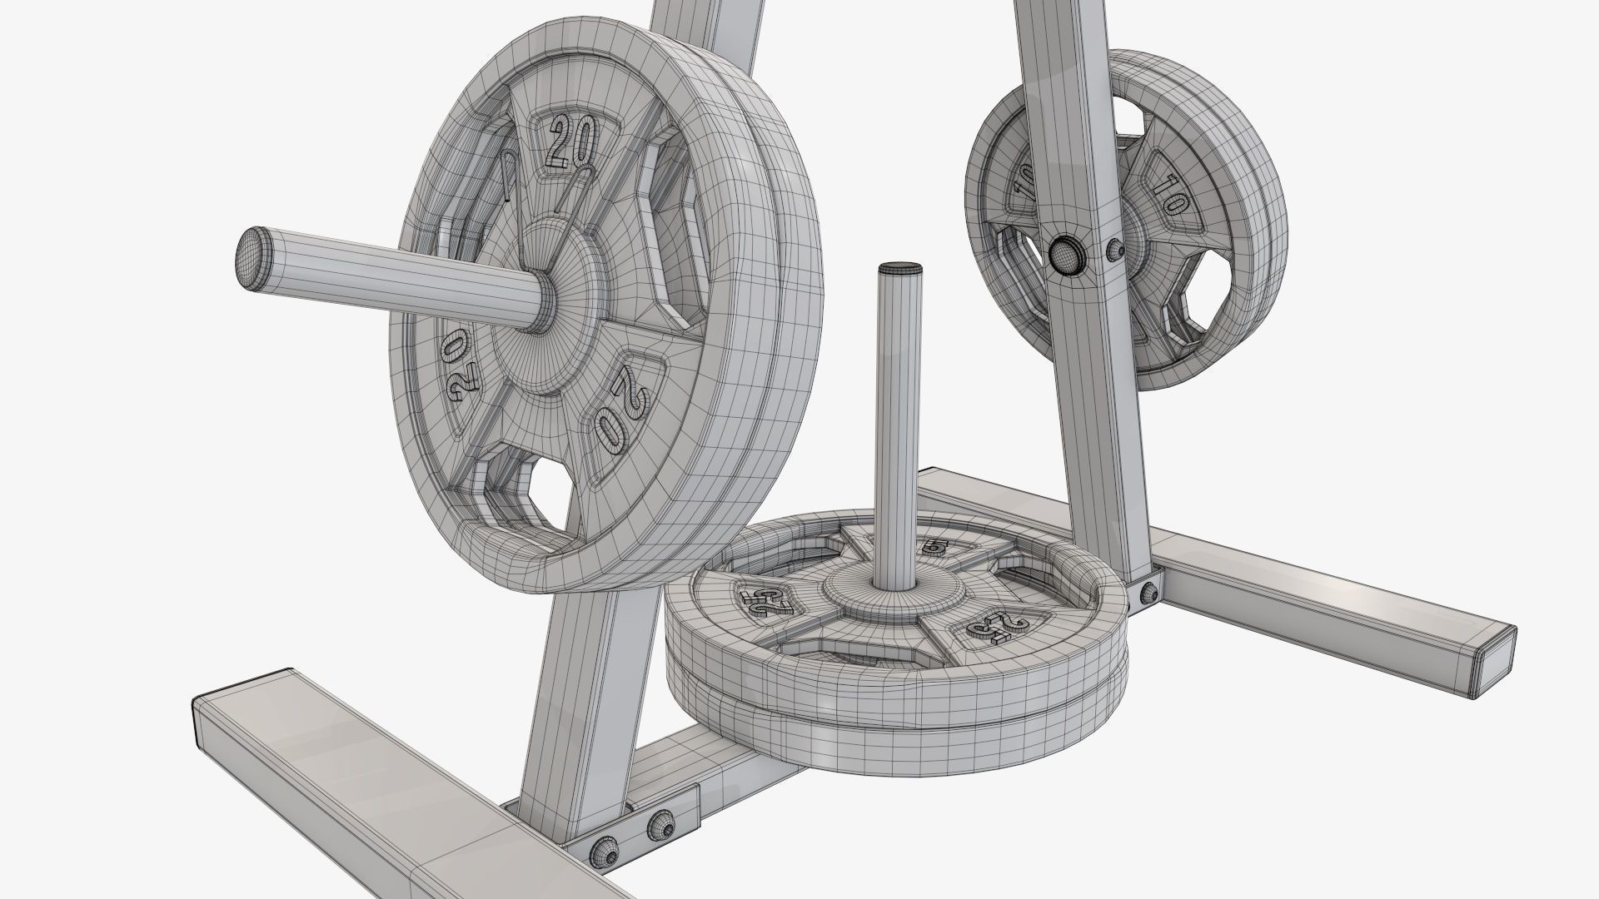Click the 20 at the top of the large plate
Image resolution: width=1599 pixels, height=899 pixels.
[571, 143]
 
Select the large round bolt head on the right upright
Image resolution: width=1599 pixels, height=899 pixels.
[1063, 254]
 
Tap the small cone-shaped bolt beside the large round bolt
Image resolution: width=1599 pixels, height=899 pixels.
[1113, 248]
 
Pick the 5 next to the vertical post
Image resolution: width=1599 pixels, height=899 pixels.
[935, 547]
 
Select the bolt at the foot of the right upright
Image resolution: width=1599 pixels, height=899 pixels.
[1149, 593]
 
